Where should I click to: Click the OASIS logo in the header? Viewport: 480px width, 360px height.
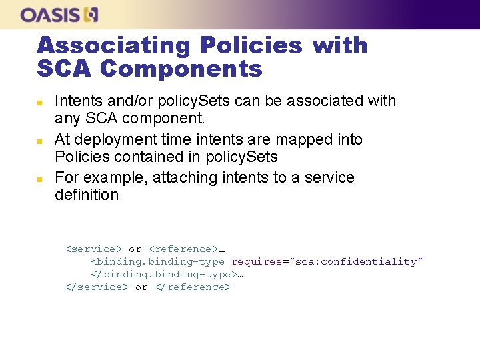pos(59,15)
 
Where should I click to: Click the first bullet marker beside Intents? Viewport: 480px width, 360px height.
pos(39,103)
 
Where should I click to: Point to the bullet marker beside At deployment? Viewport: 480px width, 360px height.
pos(39,141)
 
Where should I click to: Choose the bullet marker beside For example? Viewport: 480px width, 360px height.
pos(39,179)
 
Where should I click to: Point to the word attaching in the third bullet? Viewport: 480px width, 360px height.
pos(181,178)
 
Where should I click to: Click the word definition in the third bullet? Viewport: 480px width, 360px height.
pos(87,195)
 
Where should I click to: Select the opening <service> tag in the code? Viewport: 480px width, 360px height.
pos(93,249)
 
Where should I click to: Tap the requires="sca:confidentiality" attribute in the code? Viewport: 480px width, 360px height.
pos(327,261)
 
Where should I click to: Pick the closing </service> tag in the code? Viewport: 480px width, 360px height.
pos(97,287)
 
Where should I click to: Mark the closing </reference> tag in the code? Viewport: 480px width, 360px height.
pos(193,287)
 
